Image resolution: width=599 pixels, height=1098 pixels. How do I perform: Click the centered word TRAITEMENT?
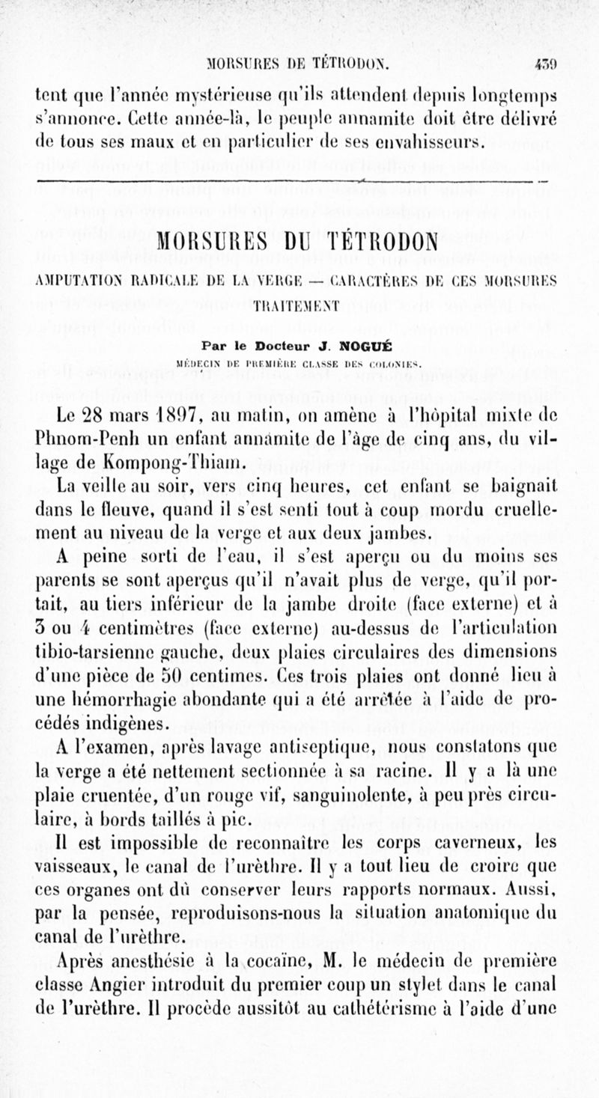[299, 305]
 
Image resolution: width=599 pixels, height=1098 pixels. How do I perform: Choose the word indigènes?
[119, 723]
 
